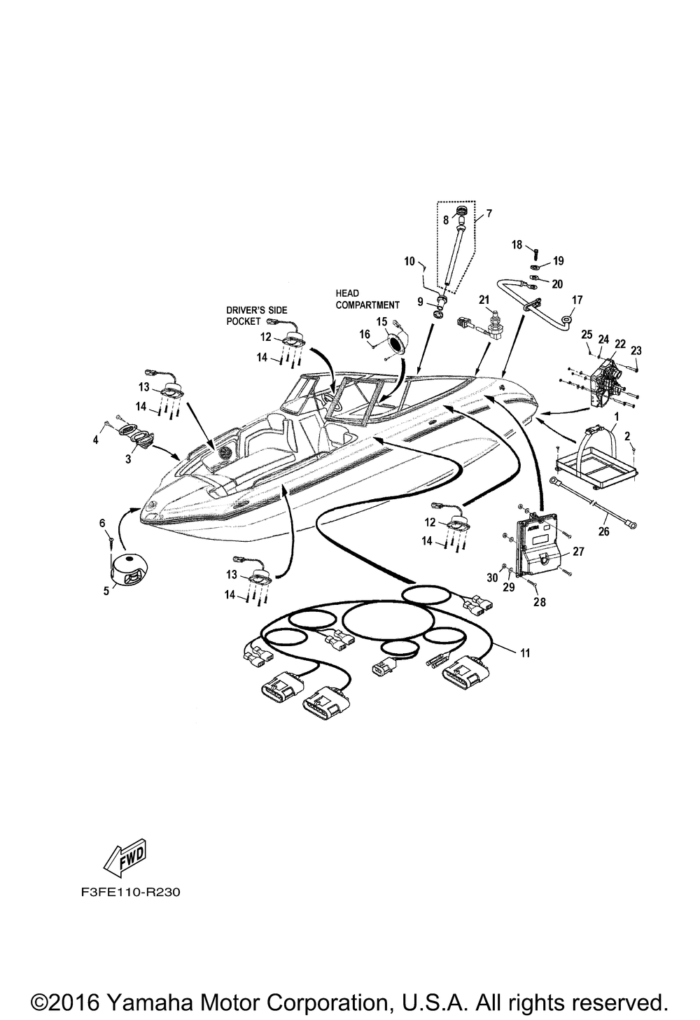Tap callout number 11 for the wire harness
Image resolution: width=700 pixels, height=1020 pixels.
point(525,653)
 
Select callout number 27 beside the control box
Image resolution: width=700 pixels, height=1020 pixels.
point(578,552)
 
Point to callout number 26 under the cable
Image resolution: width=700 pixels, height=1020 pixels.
point(603,531)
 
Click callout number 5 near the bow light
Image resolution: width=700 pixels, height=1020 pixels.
point(106,591)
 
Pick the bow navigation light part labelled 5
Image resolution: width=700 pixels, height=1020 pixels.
point(132,569)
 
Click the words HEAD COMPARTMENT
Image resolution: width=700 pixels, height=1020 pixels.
point(367,299)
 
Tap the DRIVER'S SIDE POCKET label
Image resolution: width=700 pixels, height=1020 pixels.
point(257,316)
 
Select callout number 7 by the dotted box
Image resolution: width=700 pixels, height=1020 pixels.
point(489,213)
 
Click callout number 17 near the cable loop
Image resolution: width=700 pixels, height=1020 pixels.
point(577,300)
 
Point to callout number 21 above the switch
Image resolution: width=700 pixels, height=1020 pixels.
point(484,300)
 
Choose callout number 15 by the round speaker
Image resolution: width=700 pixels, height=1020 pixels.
point(381,322)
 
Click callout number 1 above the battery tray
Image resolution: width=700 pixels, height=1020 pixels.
point(617,417)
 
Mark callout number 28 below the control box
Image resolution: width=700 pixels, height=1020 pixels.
point(540,602)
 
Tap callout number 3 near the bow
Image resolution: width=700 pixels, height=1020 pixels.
point(128,459)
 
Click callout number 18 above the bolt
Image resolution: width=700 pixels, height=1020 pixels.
point(517,245)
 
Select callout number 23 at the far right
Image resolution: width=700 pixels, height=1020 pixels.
point(636,350)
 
